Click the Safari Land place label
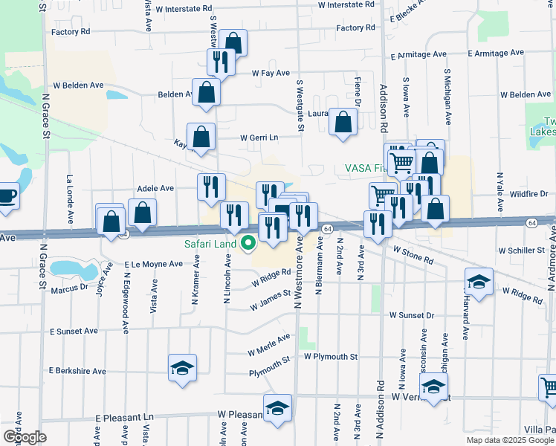pyautogui.click(x=211, y=244)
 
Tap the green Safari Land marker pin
pyautogui.click(x=248, y=243)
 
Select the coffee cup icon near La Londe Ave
pyautogui.click(x=6, y=197)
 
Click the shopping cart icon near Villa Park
pyautogui.click(x=548, y=387)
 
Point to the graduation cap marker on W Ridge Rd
pyautogui.click(x=479, y=282)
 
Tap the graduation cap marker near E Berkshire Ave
pyautogui.click(x=182, y=368)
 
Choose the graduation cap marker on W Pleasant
pyautogui.click(x=277, y=408)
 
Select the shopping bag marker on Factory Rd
pyautogui.click(x=233, y=43)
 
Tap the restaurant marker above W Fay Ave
pyautogui.click(x=221, y=62)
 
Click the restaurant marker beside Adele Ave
pyautogui.click(x=211, y=187)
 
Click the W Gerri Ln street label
pyautogui.click(x=258, y=138)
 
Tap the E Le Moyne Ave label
pyautogui.click(x=154, y=264)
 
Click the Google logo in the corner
pyautogui.click(x=25, y=437)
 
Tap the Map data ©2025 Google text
pyautogui.click(x=509, y=440)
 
